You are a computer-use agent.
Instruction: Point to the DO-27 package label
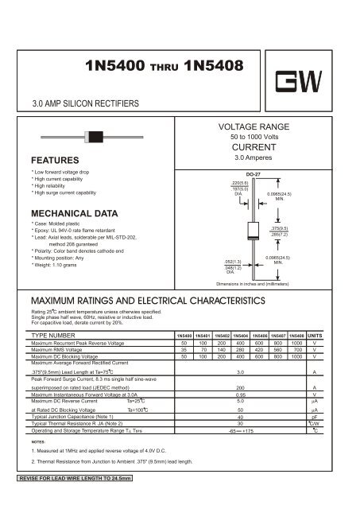(254, 172)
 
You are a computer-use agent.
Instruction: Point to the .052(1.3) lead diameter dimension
(232, 261)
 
